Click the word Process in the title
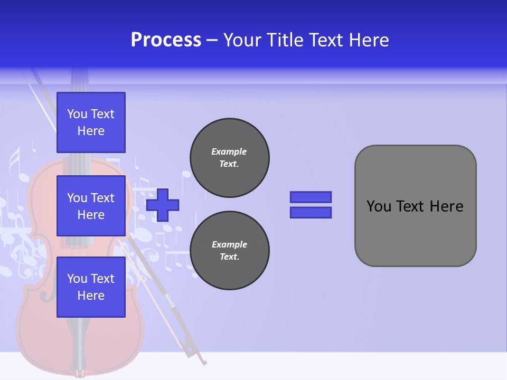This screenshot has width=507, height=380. click(166, 40)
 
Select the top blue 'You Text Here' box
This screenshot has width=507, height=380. click(91, 122)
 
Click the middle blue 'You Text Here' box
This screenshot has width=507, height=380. click(91, 206)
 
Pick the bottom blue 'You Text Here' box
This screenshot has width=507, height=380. click(91, 287)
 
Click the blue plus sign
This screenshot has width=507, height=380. click(163, 205)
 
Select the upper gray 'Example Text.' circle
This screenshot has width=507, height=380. click(230, 158)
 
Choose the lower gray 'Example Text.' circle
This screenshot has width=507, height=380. click(230, 251)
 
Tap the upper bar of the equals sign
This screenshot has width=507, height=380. click(311, 197)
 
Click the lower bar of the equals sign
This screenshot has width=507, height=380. click(311, 213)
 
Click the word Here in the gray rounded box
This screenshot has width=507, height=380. click(446, 206)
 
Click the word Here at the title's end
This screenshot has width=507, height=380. click(370, 40)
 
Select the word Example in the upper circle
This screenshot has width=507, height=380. click(229, 151)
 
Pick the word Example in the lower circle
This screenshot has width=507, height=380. click(229, 244)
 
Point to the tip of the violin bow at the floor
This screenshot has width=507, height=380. click(204, 363)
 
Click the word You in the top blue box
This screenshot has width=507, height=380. click(77, 114)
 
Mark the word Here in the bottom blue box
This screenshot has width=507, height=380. click(91, 296)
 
